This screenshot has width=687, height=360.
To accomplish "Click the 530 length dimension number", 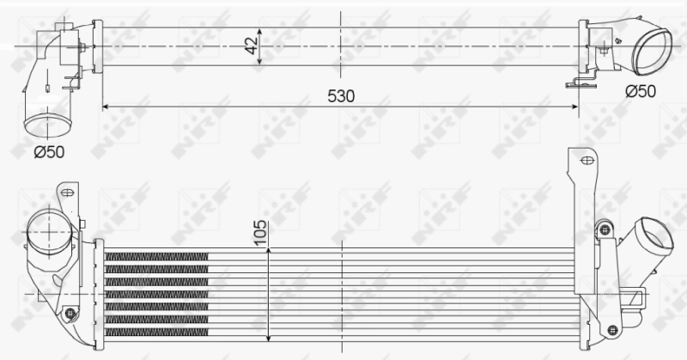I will (x=341, y=95).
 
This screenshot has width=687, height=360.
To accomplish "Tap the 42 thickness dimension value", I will (x=250, y=46).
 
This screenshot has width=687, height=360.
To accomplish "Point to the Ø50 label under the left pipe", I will (x=50, y=153).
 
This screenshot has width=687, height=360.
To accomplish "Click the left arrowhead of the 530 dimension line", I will (x=106, y=107).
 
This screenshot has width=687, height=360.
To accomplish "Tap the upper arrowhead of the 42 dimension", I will (x=258, y=28).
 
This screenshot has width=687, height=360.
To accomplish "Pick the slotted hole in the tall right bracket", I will (x=587, y=160).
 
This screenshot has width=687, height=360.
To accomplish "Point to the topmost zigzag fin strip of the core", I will (x=157, y=256).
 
